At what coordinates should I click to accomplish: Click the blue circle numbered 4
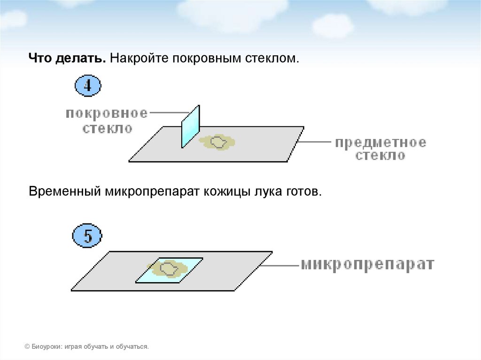[88, 86]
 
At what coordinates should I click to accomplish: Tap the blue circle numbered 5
[88, 235]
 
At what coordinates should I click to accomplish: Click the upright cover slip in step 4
[191, 127]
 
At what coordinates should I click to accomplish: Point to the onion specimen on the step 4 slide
[217, 142]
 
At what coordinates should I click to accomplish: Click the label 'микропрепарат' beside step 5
[367, 264]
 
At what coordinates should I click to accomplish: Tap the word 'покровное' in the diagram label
[107, 114]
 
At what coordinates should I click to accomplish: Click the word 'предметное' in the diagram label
[380, 142]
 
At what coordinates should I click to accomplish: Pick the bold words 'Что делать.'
[67, 59]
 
